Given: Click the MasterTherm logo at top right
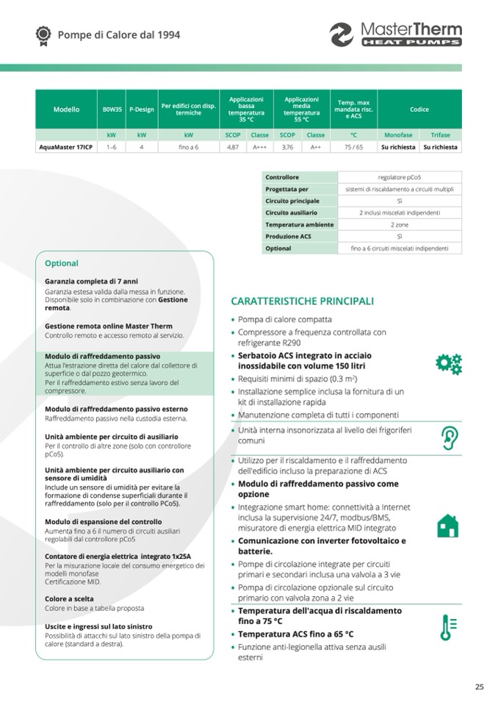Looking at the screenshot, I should [x=396, y=34].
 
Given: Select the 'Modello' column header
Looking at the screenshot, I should [x=67, y=110].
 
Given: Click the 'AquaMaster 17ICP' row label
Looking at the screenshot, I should [x=66, y=147].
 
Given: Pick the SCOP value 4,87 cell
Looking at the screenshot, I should [x=233, y=147].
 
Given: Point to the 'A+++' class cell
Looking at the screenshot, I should [x=260, y=147].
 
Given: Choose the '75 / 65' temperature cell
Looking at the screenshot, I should [x=353, y=147].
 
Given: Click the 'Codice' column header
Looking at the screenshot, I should [x=419, y=110].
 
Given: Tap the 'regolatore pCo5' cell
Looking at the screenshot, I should [x=400, y=177].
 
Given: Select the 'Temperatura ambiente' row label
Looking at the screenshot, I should [x=299, y=225].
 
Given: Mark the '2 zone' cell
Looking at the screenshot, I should [x=400, y=225].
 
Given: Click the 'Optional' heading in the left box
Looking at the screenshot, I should [x=62, y=263].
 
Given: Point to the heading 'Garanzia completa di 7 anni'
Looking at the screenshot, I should [x=91, y=282].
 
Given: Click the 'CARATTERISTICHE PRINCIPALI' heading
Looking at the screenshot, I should [x=303, y=301].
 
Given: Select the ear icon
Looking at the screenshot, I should [x=448, y=437].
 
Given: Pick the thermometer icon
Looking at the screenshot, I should [x=447, y=626].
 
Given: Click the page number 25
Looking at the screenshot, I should [x=479, y=687].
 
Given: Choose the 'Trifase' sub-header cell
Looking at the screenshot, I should [x=441, y=135].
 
